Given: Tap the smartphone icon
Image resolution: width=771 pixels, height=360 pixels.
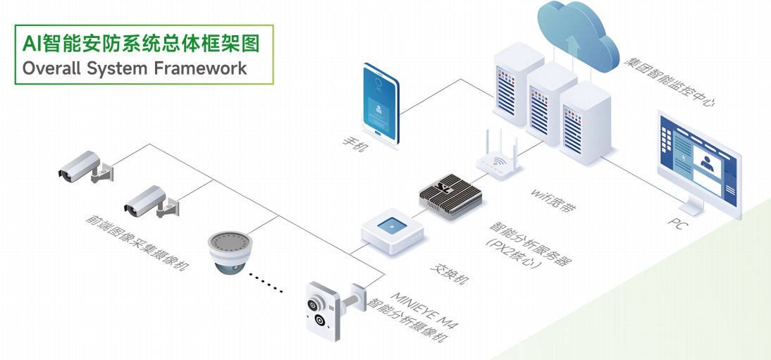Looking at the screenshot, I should tap(381, 104).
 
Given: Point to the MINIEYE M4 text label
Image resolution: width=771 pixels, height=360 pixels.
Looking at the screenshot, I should tap(425, 309).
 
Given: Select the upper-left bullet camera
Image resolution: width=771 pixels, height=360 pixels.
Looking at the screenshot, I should tap(85, 167).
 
